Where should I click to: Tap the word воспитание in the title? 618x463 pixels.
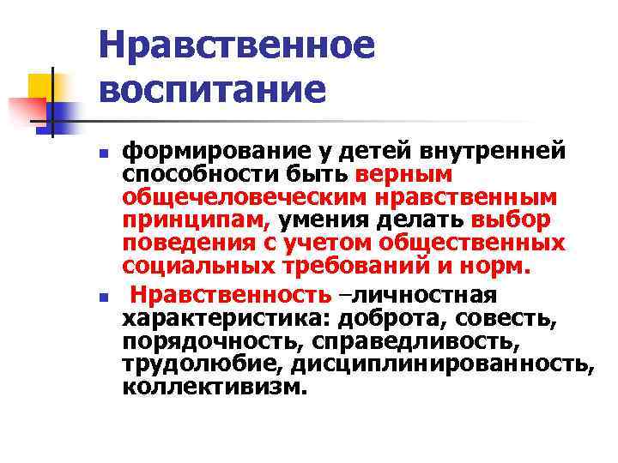[x=214, y=90]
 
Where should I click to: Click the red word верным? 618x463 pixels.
[x=397, y=175]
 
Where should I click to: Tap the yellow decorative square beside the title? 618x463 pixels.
[x=40, y=86]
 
